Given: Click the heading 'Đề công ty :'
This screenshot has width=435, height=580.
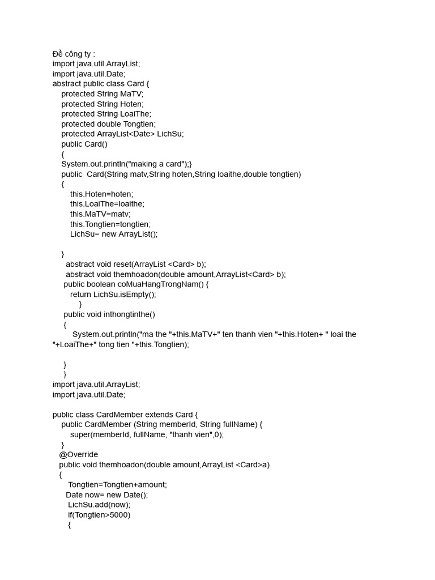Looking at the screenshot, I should (x=74, y=54).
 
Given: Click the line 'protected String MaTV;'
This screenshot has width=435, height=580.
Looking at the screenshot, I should (x=103, y=94).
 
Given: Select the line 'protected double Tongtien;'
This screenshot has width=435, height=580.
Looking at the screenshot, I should (x=108, y=124).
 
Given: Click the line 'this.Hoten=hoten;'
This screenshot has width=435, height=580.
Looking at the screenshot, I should (x=102, y=194).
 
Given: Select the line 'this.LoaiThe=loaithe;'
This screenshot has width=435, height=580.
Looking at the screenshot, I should (x=107, y=204).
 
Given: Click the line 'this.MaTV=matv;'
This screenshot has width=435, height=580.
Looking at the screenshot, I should (x=100, y=214).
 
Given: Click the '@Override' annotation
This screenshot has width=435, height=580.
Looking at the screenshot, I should (x=78, y=455).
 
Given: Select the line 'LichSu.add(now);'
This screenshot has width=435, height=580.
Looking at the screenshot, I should (x=99, y=505).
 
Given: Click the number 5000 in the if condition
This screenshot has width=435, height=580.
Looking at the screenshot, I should (x=120, y=515).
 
